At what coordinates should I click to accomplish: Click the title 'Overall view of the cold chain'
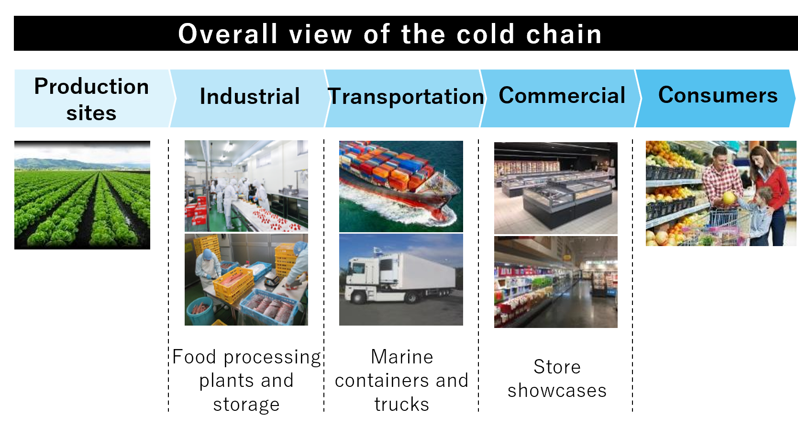[390, 34]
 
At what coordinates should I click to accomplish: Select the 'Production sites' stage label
[91, 99]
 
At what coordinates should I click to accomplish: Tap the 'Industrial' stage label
[250, 96]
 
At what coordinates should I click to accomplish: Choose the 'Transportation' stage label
[406, 96]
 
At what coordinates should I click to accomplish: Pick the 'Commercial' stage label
[562, 95]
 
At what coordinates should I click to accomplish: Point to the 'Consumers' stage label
[718, 95]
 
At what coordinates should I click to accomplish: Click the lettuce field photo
[82, 195]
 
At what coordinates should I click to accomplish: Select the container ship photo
[401, 187]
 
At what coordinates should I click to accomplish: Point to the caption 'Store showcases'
[557, 378]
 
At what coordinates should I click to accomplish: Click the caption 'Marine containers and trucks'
[401, 381]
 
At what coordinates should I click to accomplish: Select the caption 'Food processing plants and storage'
[246, 381]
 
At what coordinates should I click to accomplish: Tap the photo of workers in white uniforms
[246, 186]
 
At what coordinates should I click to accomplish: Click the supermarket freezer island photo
[556, 188]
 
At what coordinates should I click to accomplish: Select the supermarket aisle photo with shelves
[556, 282]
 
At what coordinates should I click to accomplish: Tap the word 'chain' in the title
[564, 34]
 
